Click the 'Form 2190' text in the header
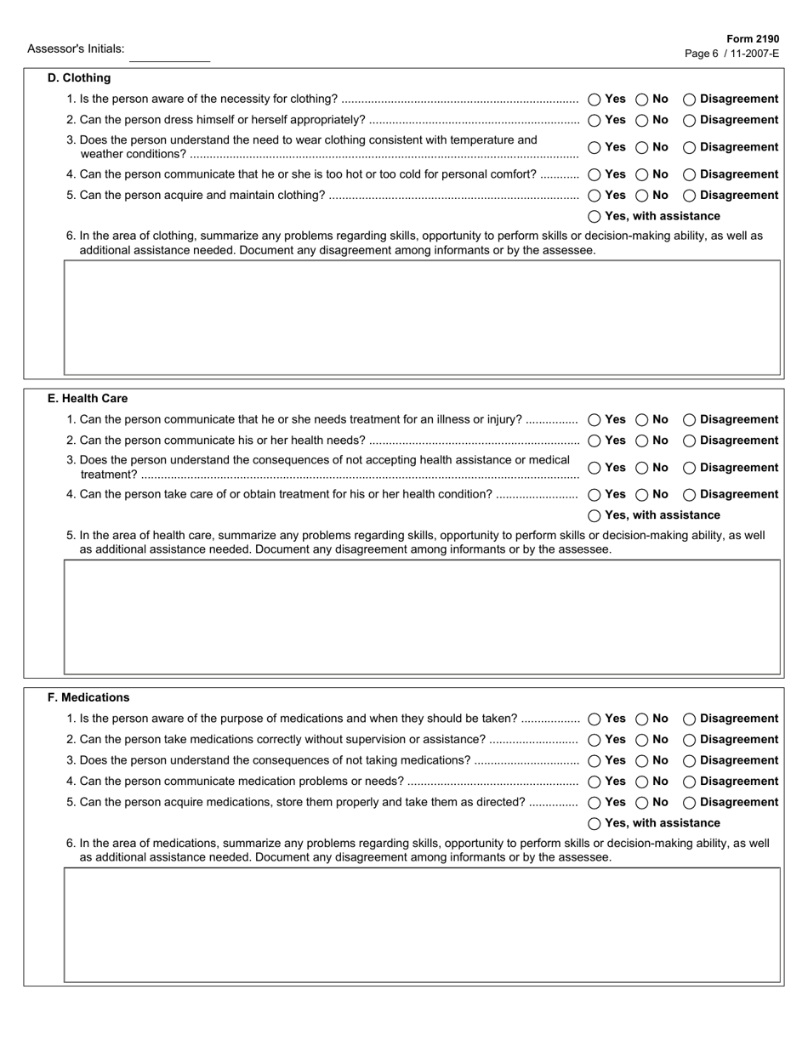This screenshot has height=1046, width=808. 753,39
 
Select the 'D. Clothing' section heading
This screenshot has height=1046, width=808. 79,78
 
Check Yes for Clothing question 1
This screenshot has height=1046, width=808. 595,99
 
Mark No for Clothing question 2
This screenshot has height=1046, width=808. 642,121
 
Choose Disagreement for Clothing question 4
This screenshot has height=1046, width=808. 690,175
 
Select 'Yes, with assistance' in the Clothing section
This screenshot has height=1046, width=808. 595,217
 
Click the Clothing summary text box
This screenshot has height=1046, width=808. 422,317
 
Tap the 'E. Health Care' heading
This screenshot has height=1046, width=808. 88,399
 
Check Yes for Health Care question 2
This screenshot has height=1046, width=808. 595,441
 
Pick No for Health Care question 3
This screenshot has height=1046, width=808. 642,469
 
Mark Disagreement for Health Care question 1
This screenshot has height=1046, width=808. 690,420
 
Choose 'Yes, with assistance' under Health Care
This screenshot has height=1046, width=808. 595,516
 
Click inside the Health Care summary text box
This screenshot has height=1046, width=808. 422,617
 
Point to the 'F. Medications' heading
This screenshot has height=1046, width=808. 89,698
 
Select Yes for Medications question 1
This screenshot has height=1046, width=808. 595,719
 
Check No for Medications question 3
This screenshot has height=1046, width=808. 642,761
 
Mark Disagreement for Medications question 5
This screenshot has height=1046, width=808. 690,803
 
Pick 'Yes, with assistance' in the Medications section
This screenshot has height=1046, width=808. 595,824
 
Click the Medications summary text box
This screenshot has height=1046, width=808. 422,924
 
